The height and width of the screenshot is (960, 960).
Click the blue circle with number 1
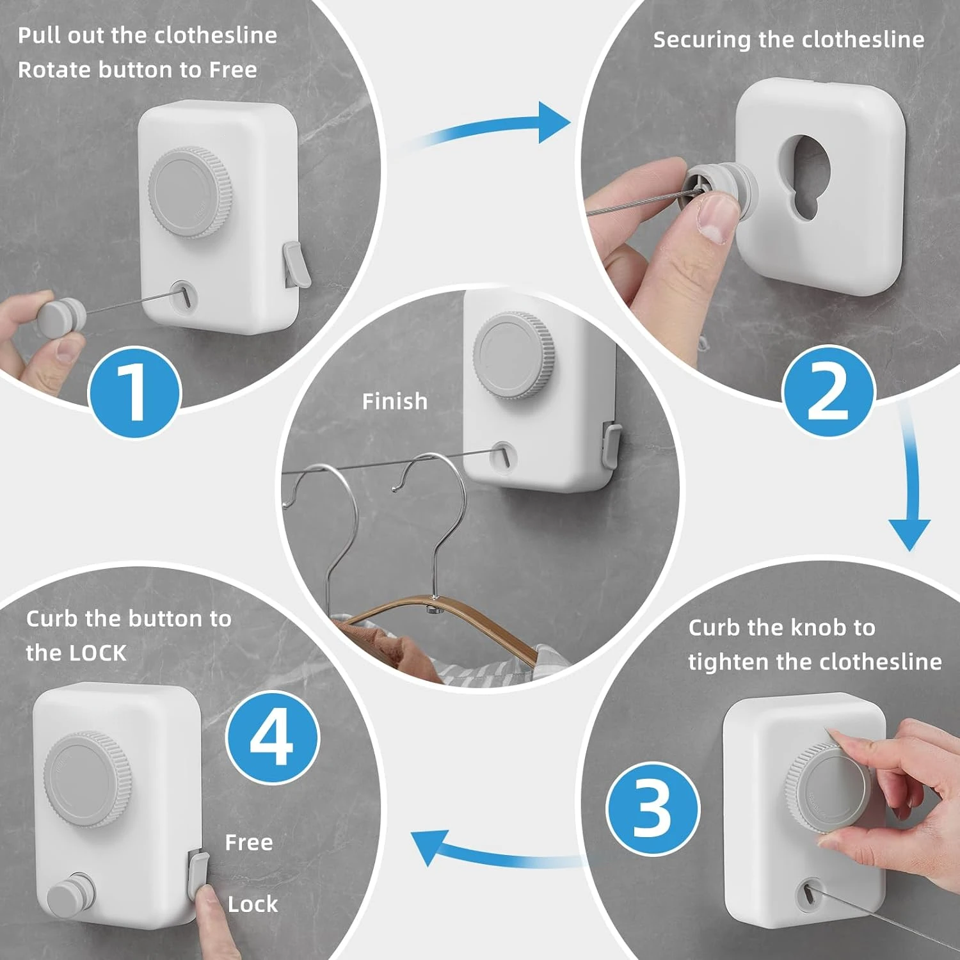[135, 392]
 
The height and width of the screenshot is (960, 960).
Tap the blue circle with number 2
[828, 391]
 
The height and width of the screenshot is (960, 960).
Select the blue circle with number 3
[653, 808]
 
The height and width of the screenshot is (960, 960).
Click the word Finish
[395, 401]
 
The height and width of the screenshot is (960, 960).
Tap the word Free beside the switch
[249, 842]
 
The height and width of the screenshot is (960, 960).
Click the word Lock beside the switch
[253, 904]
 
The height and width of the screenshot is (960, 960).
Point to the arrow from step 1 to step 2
[486, 128]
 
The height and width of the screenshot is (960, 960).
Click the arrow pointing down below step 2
[911, 480]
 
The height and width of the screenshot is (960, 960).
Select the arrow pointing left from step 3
[493, 851]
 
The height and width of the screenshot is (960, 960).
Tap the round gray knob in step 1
[189, 193]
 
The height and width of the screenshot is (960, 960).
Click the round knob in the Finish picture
[514, 354]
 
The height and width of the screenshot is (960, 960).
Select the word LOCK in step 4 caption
[98, 653]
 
